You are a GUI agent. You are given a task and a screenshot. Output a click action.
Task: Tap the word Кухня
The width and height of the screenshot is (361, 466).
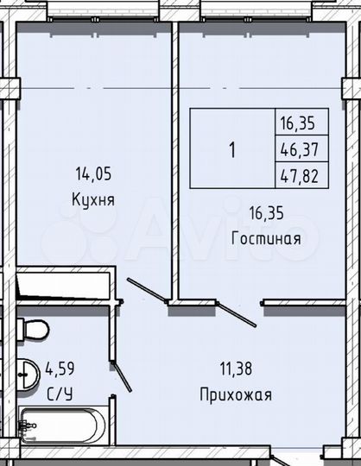[93, 198]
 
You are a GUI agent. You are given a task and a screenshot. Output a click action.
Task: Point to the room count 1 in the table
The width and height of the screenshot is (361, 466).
[232, 148]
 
